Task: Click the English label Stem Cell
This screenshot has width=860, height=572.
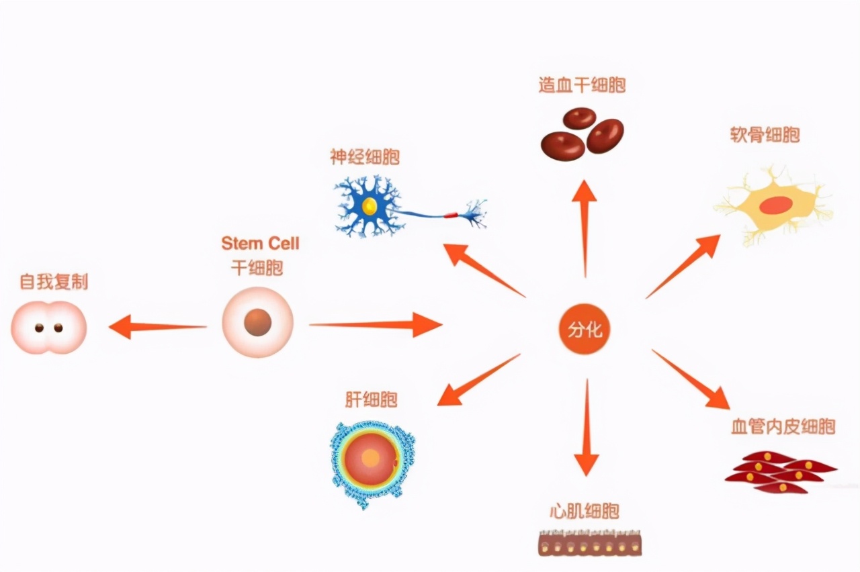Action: pos(260,243)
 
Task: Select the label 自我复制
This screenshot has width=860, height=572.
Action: pos(54,281)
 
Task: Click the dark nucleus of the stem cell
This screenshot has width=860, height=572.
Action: pos(257,323)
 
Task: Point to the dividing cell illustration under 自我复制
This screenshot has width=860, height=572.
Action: pos(48,328)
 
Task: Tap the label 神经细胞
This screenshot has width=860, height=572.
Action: pos(365,158)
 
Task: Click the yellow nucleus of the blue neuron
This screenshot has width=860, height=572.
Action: pos(370,205)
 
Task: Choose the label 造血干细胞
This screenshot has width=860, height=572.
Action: pos(582,85)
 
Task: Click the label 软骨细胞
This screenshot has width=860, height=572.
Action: pos(765,135)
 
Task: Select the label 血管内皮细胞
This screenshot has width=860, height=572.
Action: pos(783,426)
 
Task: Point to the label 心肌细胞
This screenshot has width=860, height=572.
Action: pos(583,512)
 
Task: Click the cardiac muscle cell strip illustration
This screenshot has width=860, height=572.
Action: pos(589,544)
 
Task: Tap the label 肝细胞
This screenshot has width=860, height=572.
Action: pos(371,400)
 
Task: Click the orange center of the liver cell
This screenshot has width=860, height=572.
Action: pos(370,458)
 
